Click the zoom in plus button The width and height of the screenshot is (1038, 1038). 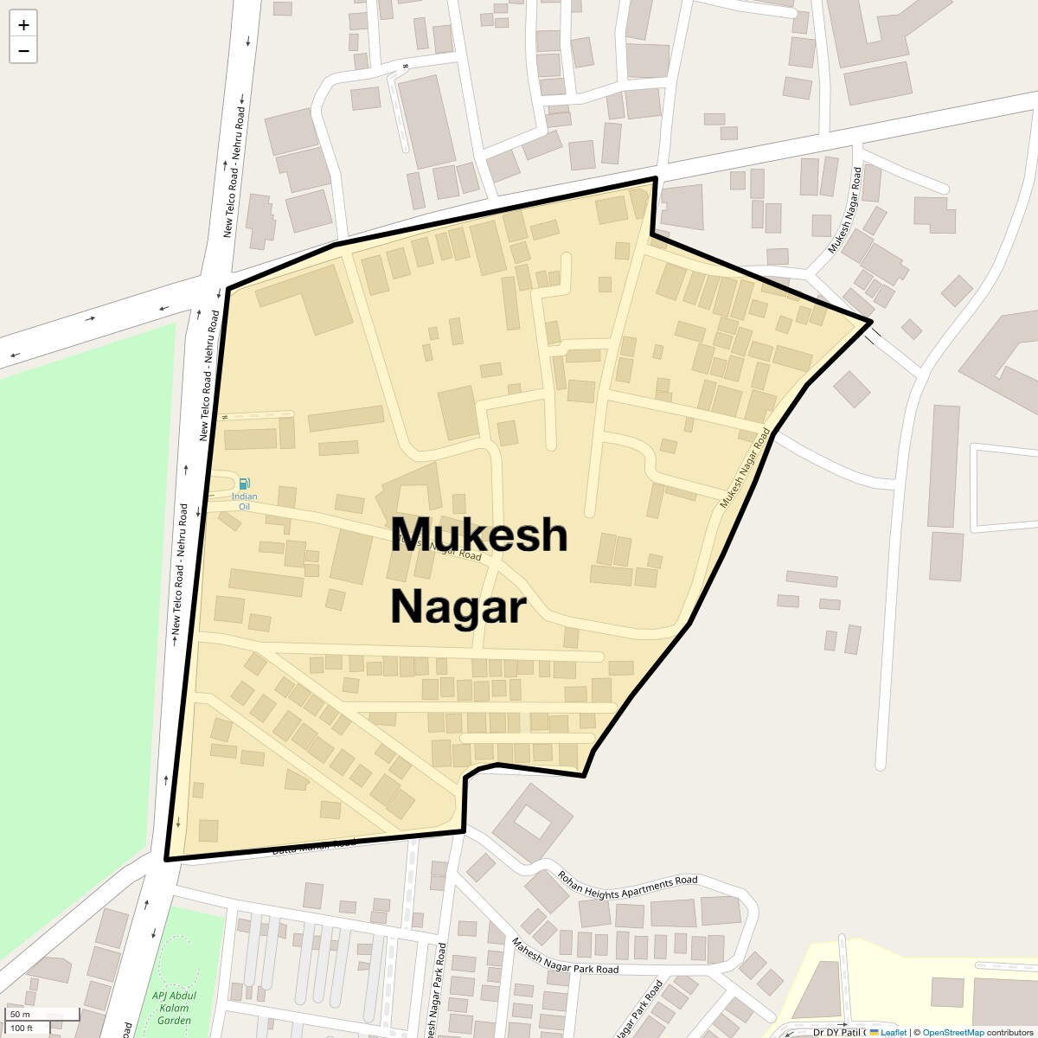click(x=23, y=25)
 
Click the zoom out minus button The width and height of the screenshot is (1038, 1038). click(x=23, y=51)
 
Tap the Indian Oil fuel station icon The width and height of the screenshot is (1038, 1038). click(x=244, y=484)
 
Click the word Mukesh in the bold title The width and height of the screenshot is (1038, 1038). click(x=480, y=535)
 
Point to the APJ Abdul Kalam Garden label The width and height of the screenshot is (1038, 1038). click(x=174, y=1009)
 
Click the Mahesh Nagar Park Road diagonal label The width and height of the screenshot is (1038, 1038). click(x=565, y=956)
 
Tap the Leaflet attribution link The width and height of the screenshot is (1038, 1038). click(x=893, y=1032)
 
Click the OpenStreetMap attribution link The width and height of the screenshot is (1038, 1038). click(x=952, y=1032)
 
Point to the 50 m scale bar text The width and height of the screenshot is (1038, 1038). click(x=20, y=1015)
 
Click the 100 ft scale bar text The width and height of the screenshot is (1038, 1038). click(x=22, y=1028)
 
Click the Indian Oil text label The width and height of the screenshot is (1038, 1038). click(x=244, y=501)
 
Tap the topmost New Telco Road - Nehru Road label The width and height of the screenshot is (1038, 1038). click(x=234, y=172)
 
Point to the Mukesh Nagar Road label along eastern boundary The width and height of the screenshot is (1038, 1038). click(x=744, y=468)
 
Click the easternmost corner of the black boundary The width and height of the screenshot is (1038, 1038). click(x=870, y=322)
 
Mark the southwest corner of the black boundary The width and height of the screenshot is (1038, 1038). click(x=166, y=859)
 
